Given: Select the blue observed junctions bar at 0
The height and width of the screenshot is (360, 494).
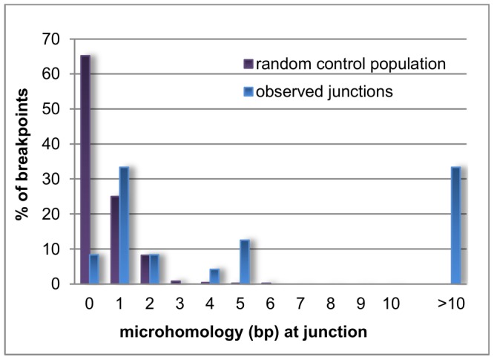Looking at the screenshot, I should [94, 269].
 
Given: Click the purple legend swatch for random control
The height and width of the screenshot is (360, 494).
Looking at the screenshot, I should [249, 64].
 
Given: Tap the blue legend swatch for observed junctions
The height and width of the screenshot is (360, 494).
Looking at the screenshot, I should [249, 91].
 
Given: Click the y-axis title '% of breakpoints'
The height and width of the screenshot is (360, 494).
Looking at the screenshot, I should [22, 160].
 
